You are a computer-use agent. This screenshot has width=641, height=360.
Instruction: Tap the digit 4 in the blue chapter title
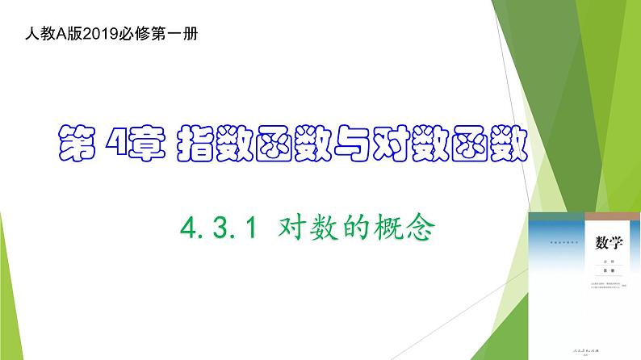click(124, 146)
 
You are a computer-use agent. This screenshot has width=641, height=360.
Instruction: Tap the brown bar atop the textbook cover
click(584, 219)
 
